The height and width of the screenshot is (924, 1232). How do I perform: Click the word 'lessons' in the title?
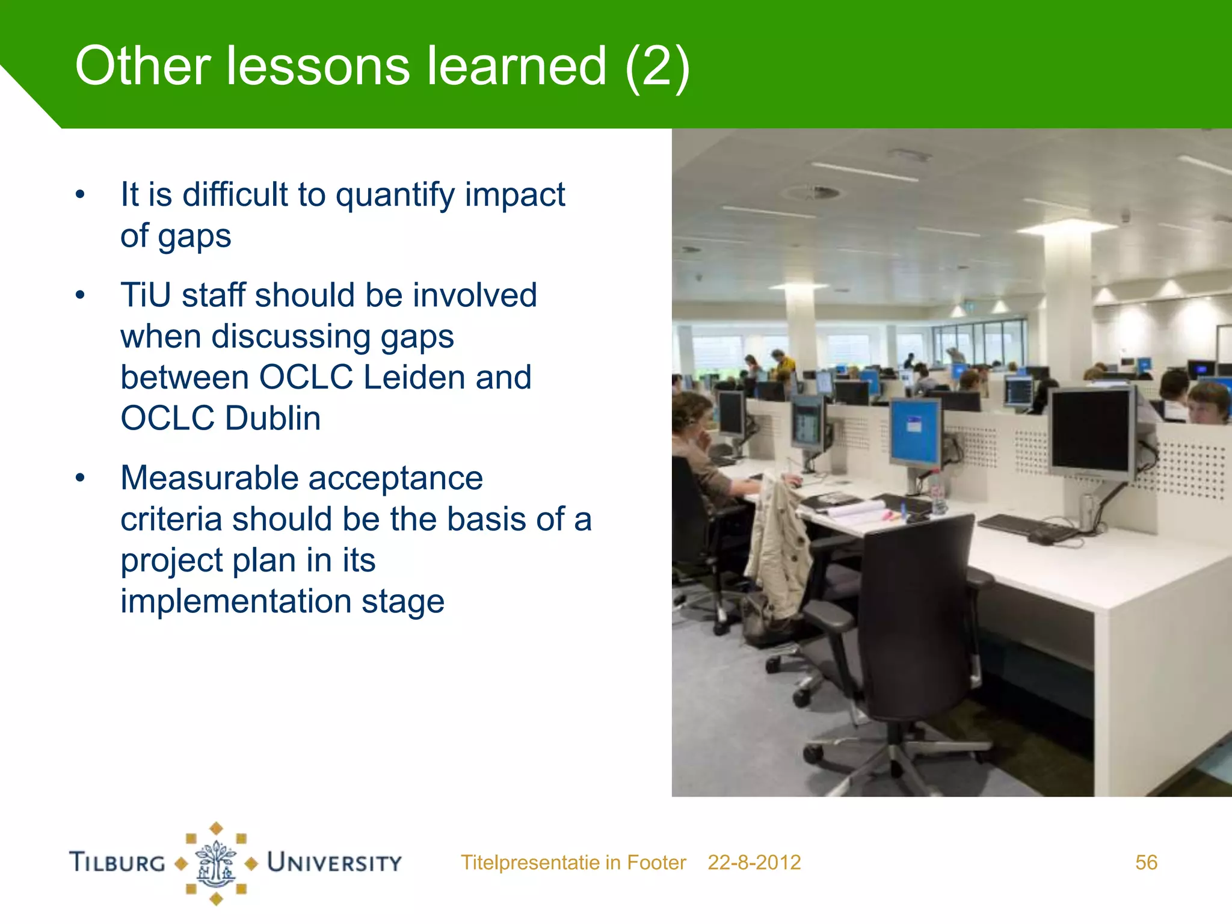[318, 66]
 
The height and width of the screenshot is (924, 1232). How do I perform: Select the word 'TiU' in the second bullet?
[145, 295]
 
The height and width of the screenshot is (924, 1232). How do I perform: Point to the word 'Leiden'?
[414, 378]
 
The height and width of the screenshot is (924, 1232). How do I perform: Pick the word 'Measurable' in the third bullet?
[209, 479]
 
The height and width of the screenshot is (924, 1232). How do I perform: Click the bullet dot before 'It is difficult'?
[80, 196]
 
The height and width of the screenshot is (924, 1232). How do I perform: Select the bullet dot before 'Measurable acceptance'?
[80, 479]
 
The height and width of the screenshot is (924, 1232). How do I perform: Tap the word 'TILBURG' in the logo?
[117, 863]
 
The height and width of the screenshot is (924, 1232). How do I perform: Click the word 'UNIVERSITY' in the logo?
[334, 863]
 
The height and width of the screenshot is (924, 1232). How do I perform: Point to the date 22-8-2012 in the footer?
[754, 863]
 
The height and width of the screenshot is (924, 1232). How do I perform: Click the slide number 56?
[1145, 863]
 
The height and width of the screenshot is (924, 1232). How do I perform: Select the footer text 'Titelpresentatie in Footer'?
[573, 863]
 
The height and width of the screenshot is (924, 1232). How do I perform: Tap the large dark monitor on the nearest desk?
[1090, 432]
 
